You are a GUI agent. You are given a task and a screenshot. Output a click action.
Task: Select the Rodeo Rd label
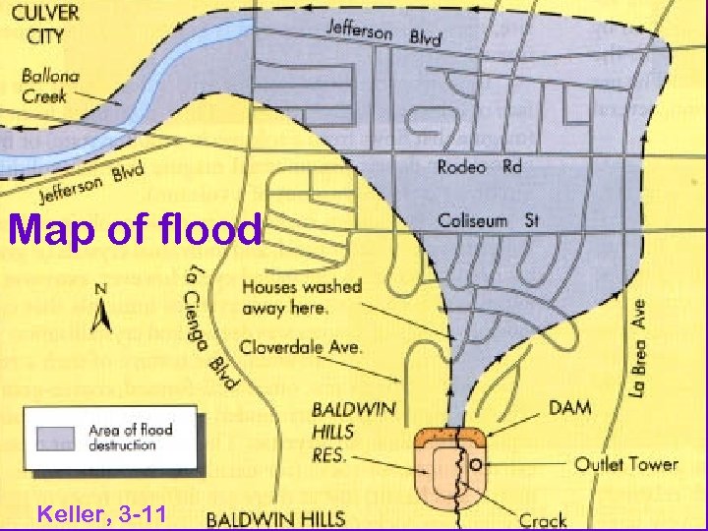point(479,166)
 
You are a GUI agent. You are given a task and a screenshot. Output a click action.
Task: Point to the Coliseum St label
point(488,220)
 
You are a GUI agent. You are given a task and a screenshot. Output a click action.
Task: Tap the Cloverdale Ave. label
point(301,346)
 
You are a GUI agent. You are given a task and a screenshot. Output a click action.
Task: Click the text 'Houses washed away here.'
point(301,297)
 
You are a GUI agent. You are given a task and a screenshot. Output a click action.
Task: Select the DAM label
point(571,406)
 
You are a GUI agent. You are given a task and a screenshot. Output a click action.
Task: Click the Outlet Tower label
point(625,463)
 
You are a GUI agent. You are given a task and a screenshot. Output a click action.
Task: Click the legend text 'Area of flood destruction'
point(130,437)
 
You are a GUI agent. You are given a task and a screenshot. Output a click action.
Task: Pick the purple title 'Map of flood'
point(136,231)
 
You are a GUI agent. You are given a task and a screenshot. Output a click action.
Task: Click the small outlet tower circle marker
point(475,463)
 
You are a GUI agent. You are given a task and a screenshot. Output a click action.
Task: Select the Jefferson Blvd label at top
point(383,32)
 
